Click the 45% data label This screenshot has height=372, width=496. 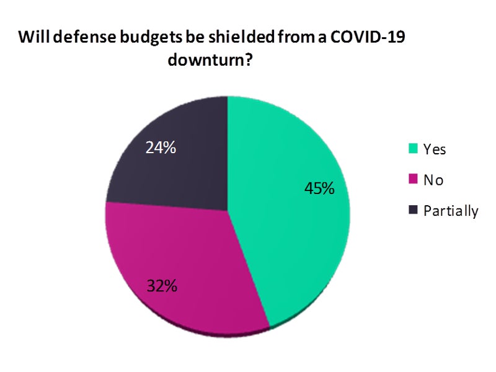click(319, 188)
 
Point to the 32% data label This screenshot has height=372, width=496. click(162, 286)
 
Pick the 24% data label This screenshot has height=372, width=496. click(160, 148)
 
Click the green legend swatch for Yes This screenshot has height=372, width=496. click(413, 149)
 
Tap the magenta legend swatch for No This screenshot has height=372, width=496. click(413, 180)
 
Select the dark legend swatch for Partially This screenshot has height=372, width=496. click(413, 211)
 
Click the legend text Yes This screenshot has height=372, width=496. click(435, 149)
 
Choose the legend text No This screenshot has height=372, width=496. click(433, 180)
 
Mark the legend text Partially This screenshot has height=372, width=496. click(451, 211)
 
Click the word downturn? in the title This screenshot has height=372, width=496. click(215, 62)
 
